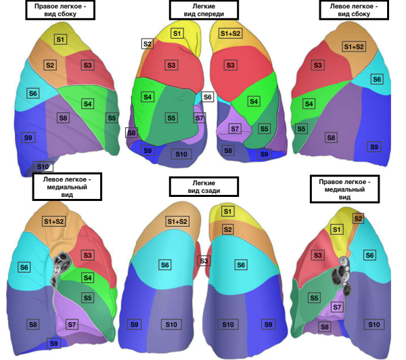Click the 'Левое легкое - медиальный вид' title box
point(66,187)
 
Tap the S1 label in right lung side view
point(60,40)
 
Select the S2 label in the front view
point(148,44)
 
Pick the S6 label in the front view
point(208,97)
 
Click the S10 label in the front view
point(181,154)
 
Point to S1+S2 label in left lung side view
point(353,47)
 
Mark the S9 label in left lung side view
point(374,147)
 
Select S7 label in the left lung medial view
point(72,325)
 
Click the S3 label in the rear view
point(203,261)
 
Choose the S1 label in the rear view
point(228,212)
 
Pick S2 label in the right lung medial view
point(358,219)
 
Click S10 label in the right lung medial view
point(373,325)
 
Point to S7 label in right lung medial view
point(336,307)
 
